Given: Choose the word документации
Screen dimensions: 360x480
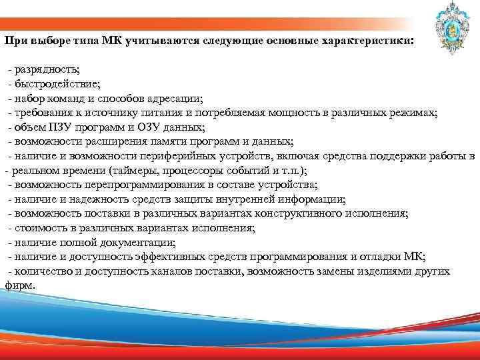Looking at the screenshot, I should (143, 242).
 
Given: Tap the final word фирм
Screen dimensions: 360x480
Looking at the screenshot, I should (18, 285).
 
